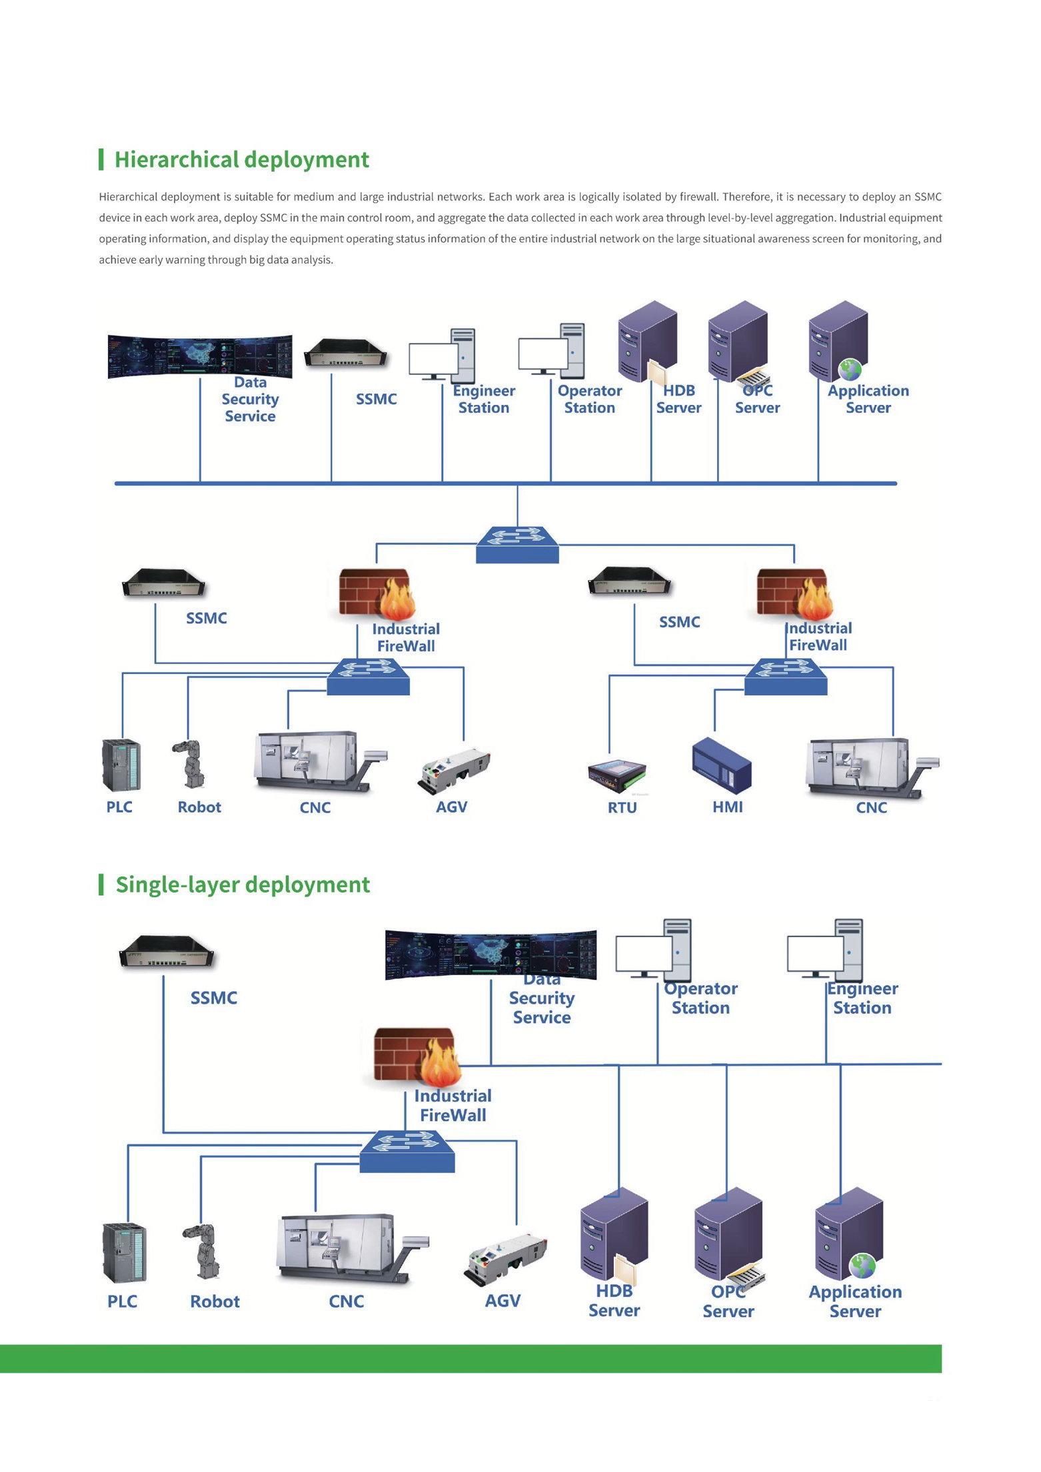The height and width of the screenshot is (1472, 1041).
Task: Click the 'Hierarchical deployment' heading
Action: [x=241, y=160]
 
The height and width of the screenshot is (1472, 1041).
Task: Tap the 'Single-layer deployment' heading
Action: [x=243, y=885]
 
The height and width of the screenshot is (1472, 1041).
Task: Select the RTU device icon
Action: [x=617, y=775]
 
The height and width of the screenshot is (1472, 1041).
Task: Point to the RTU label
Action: [x=622, y=807]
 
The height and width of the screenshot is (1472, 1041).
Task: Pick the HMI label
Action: [x=727, y=807]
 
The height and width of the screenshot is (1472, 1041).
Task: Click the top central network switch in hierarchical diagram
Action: [x=517, y=544]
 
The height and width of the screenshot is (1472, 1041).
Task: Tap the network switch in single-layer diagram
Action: [x=407, y=1150]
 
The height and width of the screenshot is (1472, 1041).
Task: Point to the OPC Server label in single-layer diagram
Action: [x=728, y=1301]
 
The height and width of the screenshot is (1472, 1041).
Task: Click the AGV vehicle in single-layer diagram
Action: [x=506, y=1257]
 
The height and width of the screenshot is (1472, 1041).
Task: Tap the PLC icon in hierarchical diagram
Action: [x=121, y=765]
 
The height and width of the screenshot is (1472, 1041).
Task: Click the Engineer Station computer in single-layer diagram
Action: [x=825, y=949]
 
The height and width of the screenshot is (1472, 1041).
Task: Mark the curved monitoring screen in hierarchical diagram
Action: [x=200, y=356]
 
